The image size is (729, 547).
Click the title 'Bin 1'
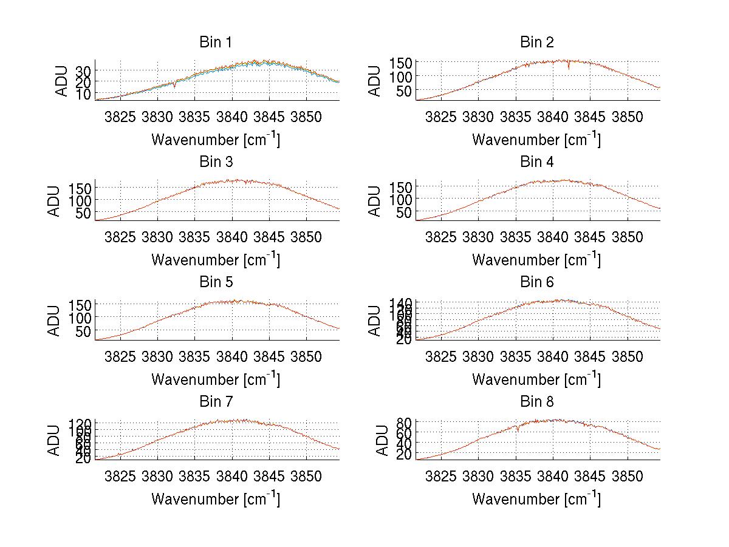pyautogui.click(x=216, y=42)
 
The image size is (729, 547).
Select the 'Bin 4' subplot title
pyautogui.click(x=537, y=162)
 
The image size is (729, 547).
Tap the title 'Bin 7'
pyautogui.click(x=216, y=402)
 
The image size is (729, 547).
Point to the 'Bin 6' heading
pyautogui.click(x=537, y=282)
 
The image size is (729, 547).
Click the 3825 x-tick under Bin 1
pyautogui.click(x=120, y=117)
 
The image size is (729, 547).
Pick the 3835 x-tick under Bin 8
pyautogui.click(x=516, y=476)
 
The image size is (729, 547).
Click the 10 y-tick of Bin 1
pyautogui.click(x=83, y=93)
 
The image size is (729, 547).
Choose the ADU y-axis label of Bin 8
pyautogui.click(x=383, y=441)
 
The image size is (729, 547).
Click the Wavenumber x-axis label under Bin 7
pyautogui.click(x=216, y=498)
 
